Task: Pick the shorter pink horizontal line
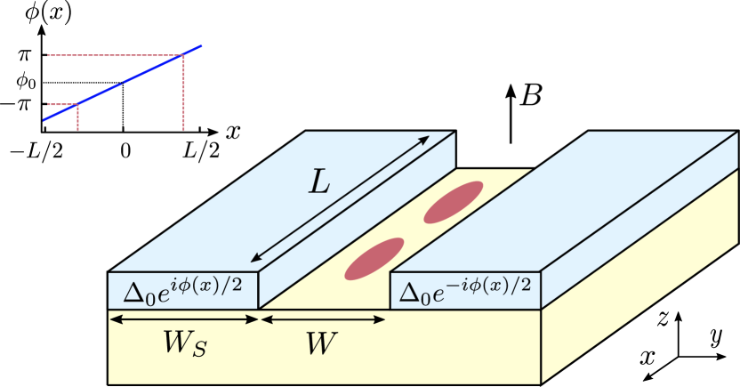coord(60,104)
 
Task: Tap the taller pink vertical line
coord(183,98)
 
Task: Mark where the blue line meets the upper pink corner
coord(183,55)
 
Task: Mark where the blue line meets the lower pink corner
coord(77,104)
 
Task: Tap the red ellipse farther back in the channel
coord(453,202)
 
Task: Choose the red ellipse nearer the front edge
coord(374,259)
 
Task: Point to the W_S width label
coord(184,343)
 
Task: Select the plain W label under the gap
coord(321,343)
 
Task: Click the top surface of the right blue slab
coord(569,205)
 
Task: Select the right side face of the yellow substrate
coord(640,294)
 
